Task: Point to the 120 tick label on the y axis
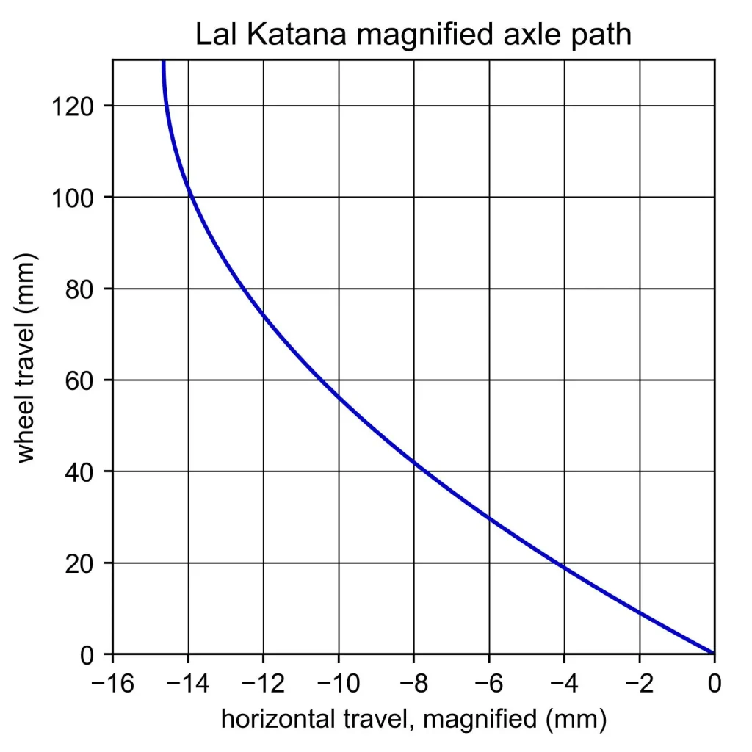[71, 106]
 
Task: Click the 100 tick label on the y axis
[71, 198]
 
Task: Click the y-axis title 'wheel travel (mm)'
[27, 358]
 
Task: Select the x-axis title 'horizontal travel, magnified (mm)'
[413, 719]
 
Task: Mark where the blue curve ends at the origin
[713, 653]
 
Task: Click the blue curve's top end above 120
[163, 62]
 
